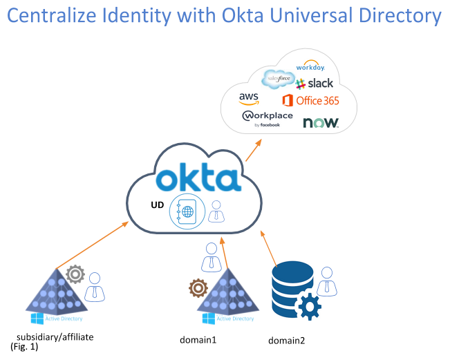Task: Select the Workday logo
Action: (310, 67)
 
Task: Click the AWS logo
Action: (250, 99)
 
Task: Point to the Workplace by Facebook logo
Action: (267, 118)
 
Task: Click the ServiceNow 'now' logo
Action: (320, 122)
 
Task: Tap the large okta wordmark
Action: (198, 178)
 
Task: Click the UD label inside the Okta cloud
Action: (157, 206)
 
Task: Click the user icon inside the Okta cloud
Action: (216, 211)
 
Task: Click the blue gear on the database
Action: (308, 305)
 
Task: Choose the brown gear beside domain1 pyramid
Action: (198, 287)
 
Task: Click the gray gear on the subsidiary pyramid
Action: (75, 275)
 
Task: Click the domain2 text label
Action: (286, 341)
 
